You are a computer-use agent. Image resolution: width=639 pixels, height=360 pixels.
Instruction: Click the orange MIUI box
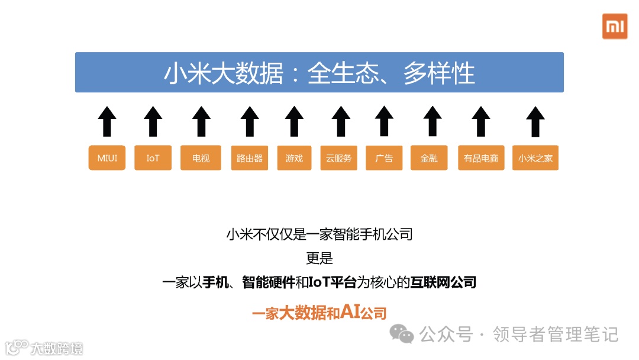point(107,158)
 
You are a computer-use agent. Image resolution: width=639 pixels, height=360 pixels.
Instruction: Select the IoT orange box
point(153,158)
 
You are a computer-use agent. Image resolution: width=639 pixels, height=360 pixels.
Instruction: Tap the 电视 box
point(201,158)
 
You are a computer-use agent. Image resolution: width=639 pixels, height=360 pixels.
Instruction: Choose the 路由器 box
point(250,158)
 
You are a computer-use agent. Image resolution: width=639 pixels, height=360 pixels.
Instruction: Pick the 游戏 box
point(294,158)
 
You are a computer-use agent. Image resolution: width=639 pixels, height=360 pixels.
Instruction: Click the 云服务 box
point(338,158)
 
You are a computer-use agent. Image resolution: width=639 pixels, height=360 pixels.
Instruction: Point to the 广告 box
point(384,158)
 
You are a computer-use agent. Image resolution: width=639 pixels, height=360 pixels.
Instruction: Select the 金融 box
point(429,158)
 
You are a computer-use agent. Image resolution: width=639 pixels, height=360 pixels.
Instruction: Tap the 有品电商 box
point(481,158)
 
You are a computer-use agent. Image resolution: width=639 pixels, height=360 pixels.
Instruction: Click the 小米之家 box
point(535,158)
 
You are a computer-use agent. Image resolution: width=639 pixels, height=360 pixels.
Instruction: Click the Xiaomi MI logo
point(615,26)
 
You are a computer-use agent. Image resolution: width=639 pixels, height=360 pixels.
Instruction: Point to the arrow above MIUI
point(107,121)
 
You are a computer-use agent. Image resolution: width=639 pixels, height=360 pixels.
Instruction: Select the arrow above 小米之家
point(535,121)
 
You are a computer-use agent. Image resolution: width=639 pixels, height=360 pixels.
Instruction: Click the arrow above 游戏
point(294,121)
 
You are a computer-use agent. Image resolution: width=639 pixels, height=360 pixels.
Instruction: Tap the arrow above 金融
point(433,121)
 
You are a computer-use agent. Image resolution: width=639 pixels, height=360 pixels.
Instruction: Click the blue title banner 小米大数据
point(319,72)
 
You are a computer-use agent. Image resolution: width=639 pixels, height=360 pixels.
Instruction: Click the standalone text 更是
point(319,259)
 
